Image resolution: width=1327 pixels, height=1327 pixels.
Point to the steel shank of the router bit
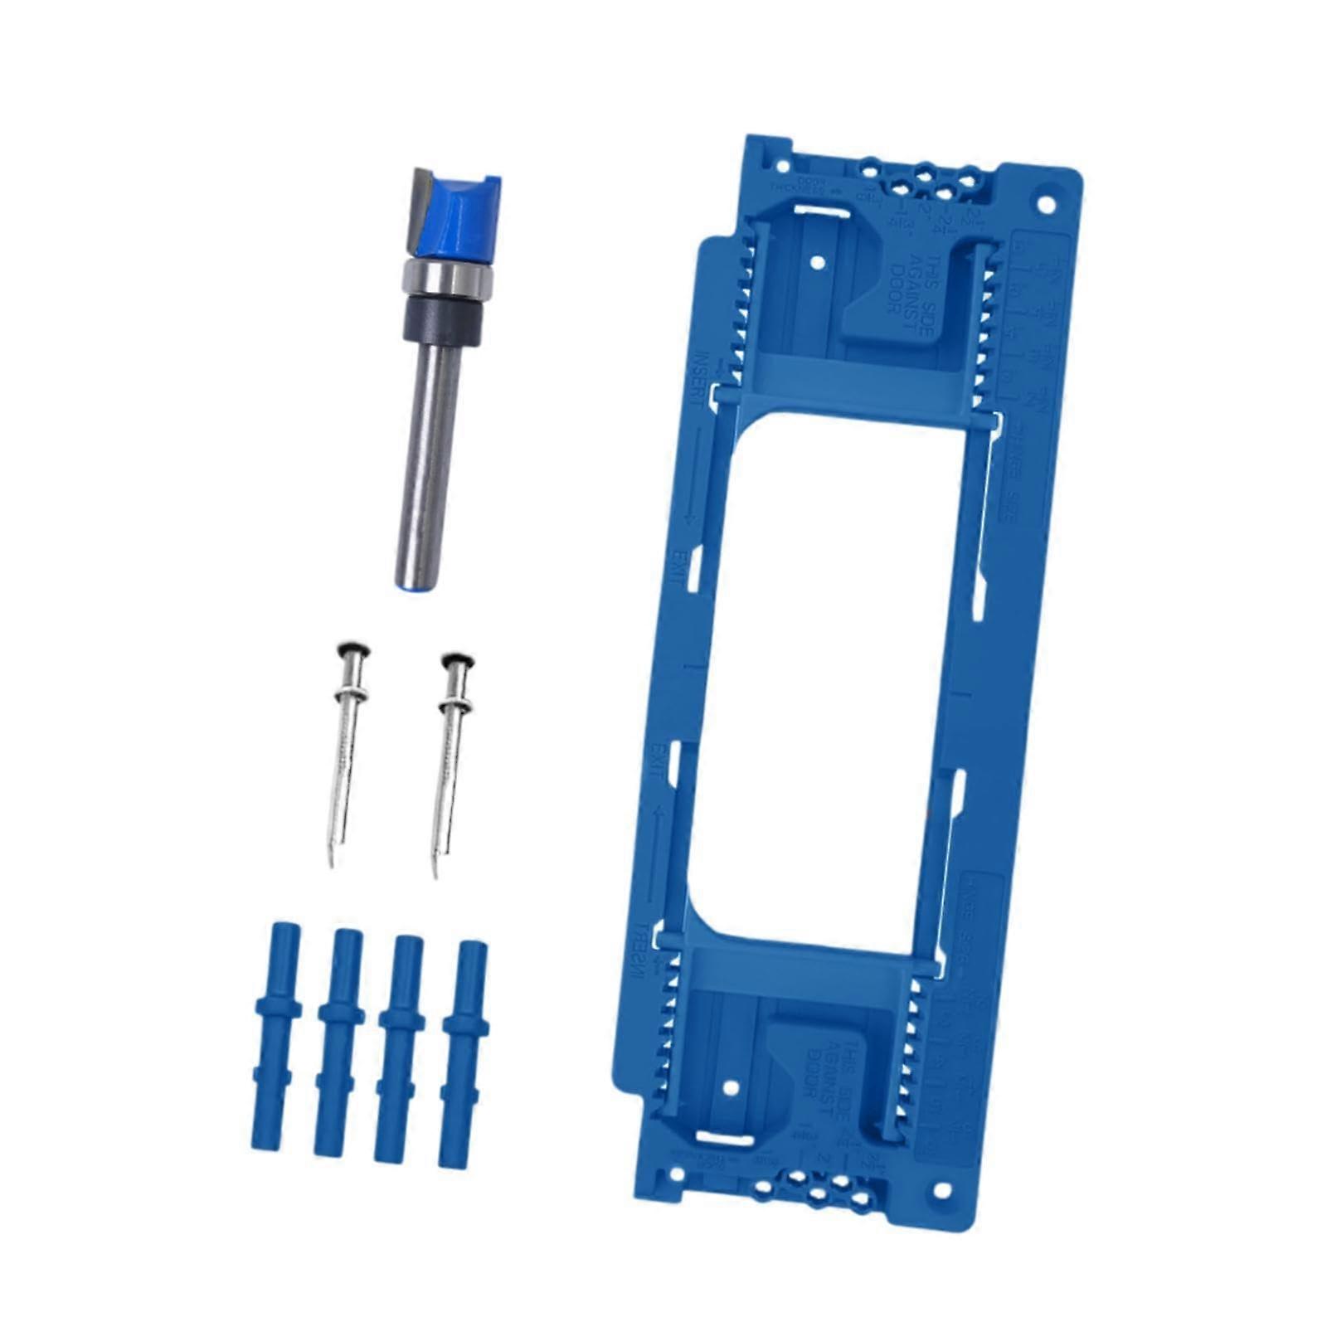point(429,464)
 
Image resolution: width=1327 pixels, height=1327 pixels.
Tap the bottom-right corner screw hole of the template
point(941,1192)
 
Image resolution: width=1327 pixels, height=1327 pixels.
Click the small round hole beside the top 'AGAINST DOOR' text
point(817,262)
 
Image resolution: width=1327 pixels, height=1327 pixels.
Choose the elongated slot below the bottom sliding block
point(723,1138)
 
